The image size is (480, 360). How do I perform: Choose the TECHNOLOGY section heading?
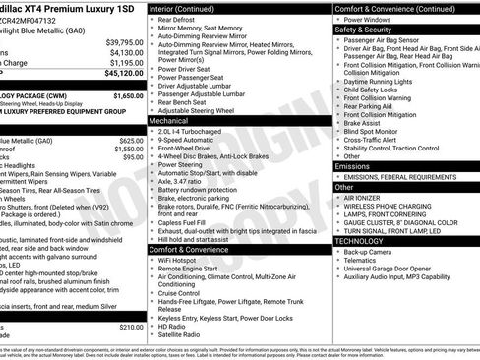tap(359, 240)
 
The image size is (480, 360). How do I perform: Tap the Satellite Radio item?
tap(187, 334)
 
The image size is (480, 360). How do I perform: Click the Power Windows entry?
tap(372, 19)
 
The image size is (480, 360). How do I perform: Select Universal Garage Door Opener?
tap(398, 268)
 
